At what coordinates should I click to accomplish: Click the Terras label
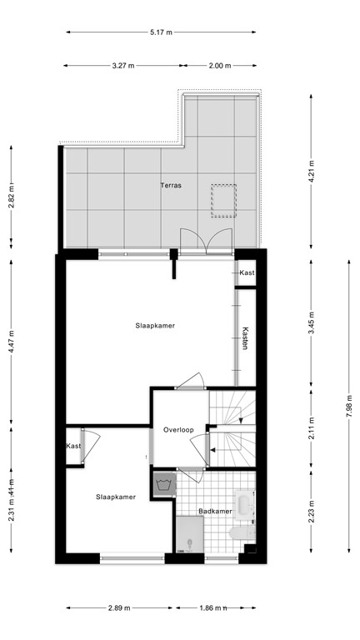point(172,186)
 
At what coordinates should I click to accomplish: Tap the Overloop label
point(178,430)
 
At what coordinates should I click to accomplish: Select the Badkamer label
point(215,511)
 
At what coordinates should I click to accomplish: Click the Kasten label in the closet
point(245,337)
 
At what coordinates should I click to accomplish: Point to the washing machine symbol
point(162,483)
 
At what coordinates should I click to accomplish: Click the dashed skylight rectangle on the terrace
point(223,201)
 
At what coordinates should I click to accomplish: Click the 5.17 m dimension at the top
point(161,32)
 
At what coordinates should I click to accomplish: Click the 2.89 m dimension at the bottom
point(117,607)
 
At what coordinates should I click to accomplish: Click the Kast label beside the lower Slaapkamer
point(74,447)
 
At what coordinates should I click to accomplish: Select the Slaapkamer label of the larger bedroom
point(155,326)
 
